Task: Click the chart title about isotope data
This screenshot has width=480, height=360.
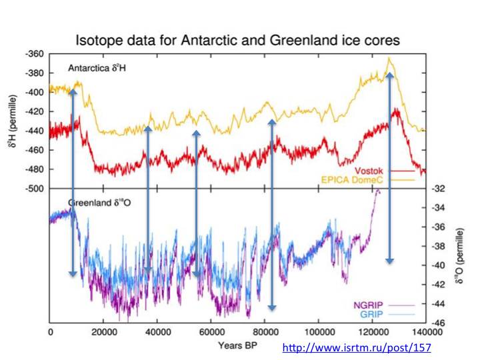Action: (238, 40)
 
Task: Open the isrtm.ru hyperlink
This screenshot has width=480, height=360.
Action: (357, 348)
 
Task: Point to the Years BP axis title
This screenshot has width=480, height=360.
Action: (239, 345)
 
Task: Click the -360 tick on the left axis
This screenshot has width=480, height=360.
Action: (35, 53)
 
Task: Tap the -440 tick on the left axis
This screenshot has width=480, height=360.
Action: (35, 131)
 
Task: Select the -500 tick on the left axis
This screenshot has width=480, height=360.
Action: (35, 189)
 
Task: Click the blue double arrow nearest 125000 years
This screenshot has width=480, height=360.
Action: (390, 167)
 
